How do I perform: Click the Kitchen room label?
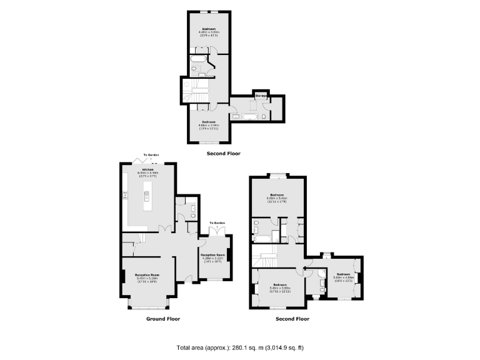(147, 169)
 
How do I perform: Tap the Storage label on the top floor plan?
(260, 96)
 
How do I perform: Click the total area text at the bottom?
(240, 347)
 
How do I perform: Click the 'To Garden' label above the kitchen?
(151, 154)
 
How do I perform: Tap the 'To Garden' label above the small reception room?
(217, 222)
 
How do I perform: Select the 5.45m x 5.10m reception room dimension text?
(147, 278)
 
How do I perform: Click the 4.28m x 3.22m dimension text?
(212, 259)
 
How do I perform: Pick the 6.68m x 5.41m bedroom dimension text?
(278, 197)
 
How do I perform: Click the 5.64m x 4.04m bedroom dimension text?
(343, 277)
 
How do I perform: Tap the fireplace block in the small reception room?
(230, 255)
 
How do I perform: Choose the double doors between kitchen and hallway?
(164, 227)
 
